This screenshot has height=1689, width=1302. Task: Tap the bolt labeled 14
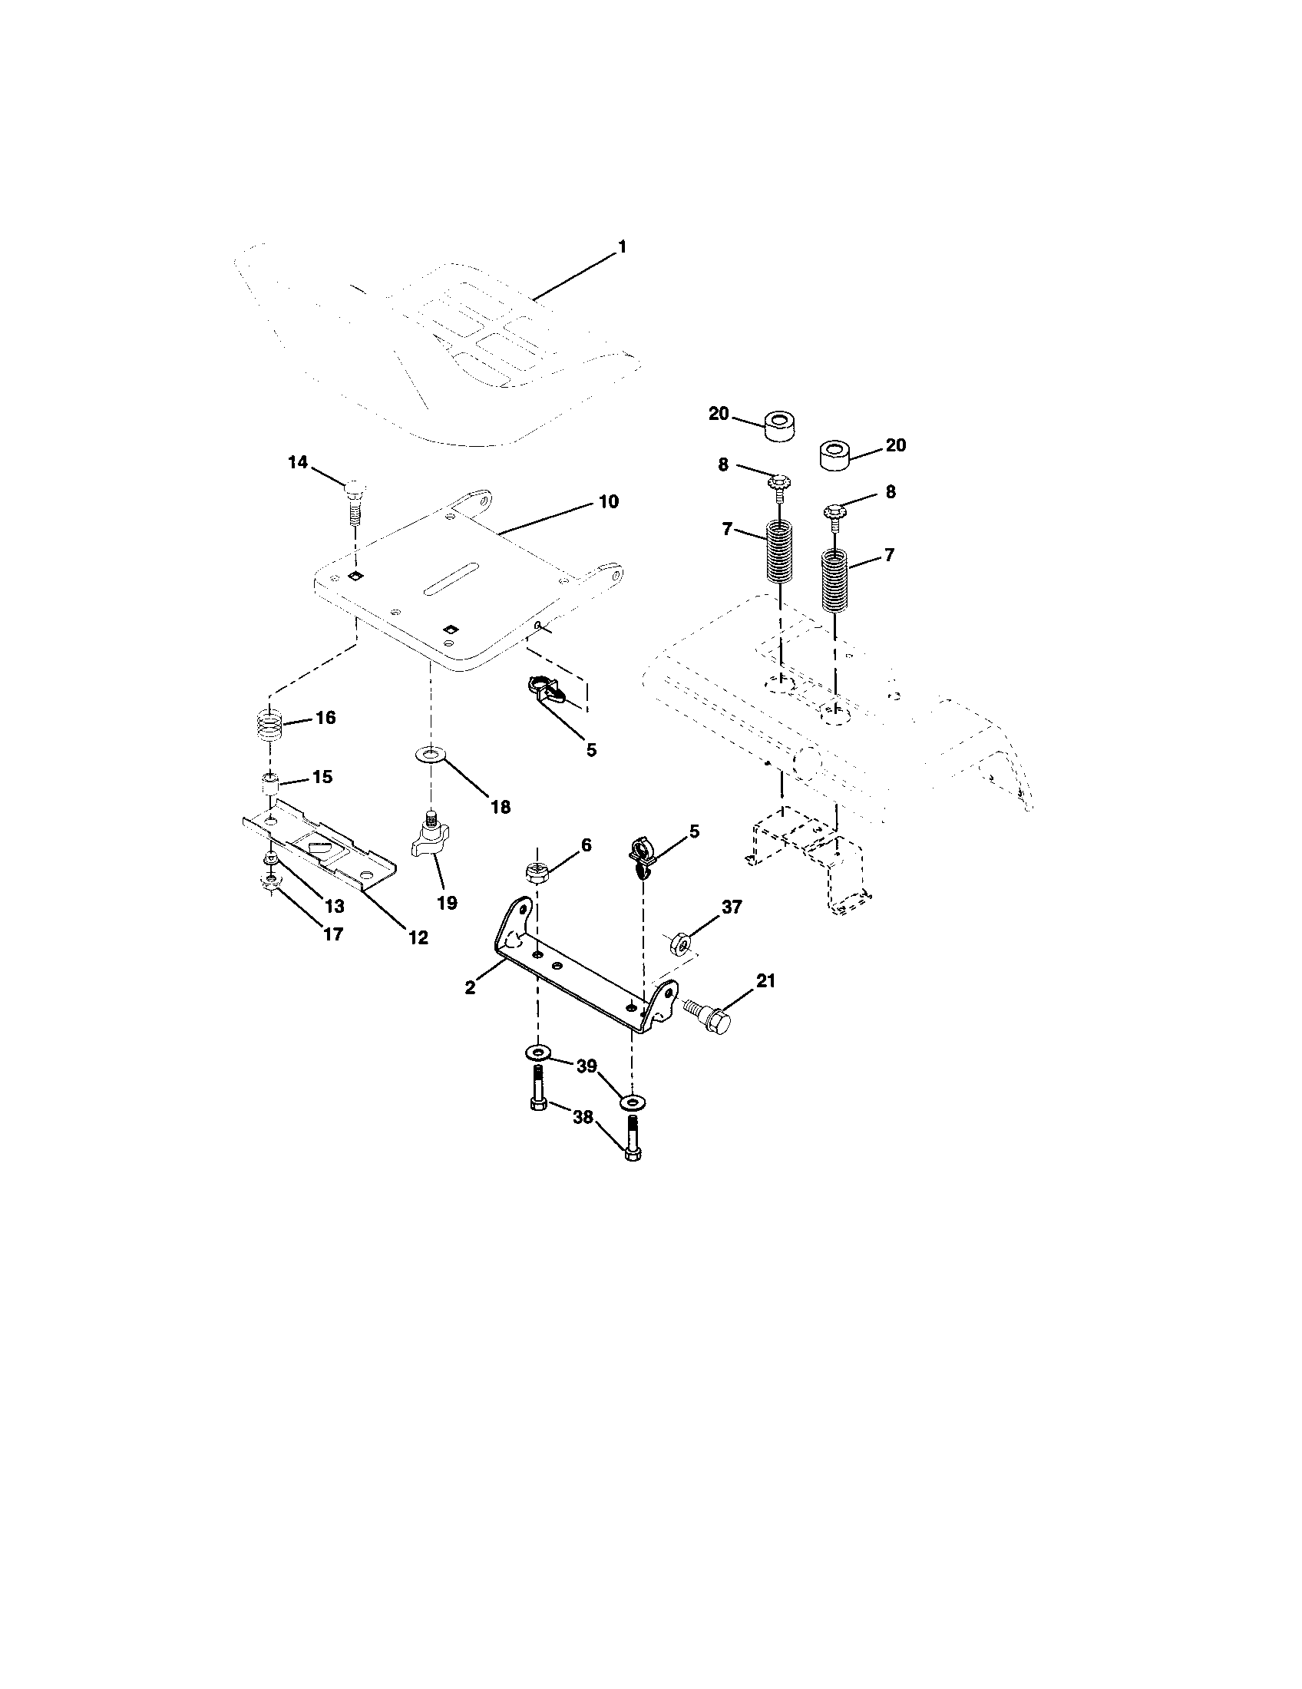(x=354, y=503)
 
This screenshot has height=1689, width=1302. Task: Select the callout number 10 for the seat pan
(x=609, y=501)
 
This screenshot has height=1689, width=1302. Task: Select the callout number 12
(x=418, y=937)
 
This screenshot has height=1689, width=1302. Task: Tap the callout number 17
(x=332, y=934)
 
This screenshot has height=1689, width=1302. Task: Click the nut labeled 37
(x=679, y=944)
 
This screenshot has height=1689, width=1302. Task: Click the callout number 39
(x=587, y=1066)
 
